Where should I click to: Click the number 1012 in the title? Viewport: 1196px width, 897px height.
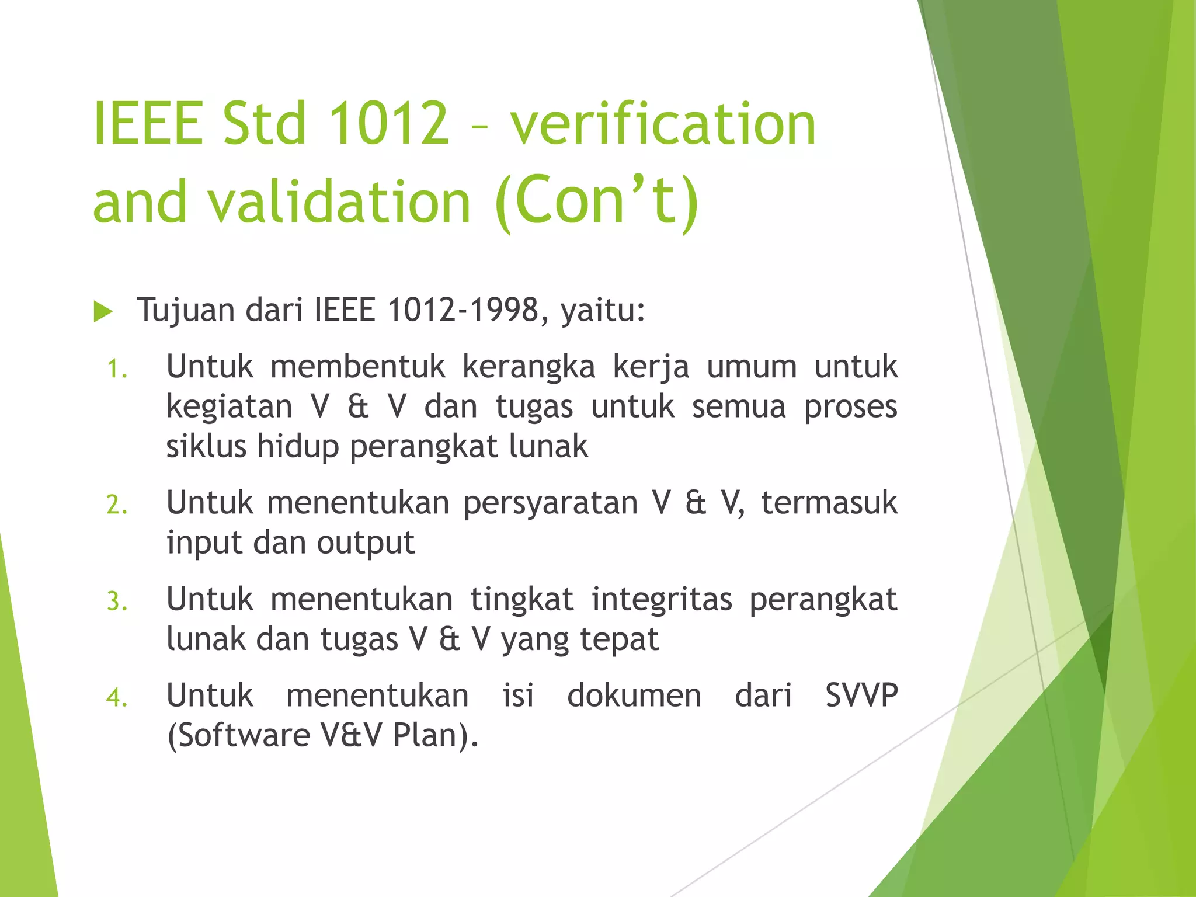(389, 124)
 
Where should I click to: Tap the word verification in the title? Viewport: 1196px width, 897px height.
(663, 124)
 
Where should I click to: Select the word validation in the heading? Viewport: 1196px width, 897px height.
(339, 201)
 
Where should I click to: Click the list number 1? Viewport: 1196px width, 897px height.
(117, 370)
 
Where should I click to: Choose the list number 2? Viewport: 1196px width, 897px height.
(117, 505)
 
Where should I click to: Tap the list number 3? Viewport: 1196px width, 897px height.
(117, 602)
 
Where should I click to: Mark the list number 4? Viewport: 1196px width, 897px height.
(117, 698)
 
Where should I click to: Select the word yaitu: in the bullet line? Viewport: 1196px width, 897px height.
(603, 310)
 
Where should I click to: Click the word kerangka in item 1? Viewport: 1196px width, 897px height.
(529, 367)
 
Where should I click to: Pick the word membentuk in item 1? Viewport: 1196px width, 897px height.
(357, 367)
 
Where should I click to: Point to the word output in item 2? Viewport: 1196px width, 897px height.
(366, 543)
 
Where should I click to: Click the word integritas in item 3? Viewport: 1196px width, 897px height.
(662, 599)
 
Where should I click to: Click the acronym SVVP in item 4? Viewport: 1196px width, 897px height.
(861, 696)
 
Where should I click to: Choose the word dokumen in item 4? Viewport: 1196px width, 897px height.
(634, 696)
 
